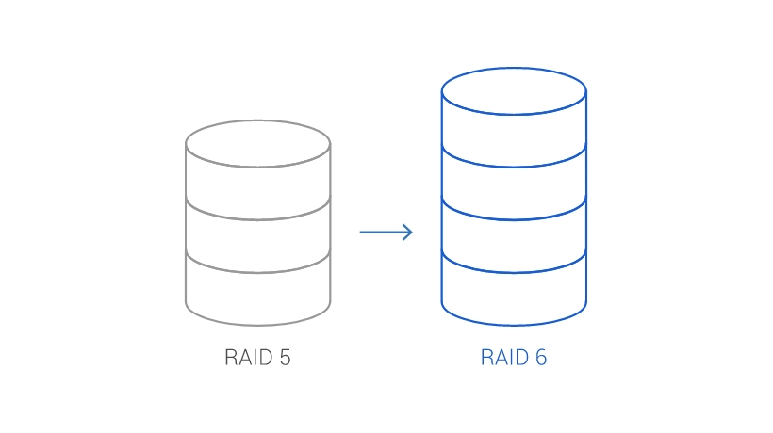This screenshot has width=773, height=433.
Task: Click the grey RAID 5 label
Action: tap(257, 358)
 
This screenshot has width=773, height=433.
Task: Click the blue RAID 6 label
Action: tap(514, 358)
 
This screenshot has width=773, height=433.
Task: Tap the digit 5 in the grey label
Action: tap(285, 358)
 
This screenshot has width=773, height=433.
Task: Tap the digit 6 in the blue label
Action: tap(541, 358)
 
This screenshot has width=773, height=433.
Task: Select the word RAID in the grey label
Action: tap(247, 358)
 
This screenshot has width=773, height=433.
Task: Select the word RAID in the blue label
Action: tap(503, 358)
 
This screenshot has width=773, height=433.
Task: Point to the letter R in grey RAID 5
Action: tap(230, 358)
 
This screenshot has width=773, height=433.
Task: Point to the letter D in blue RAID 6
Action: tap(522, 358)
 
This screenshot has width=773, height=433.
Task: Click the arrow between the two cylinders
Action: tap(386, 232)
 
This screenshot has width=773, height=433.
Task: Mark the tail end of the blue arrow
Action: tap(362, 232)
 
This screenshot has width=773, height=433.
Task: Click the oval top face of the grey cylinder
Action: tap(257, 144)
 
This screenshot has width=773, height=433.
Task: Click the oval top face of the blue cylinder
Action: tap(514, 91)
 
